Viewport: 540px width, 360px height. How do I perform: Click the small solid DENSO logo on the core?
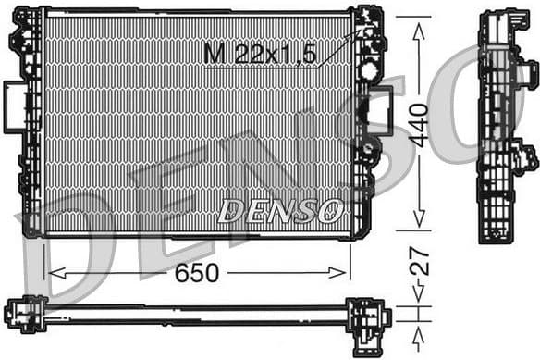point(280,211)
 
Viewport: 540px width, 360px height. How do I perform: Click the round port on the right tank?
point(369,69)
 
